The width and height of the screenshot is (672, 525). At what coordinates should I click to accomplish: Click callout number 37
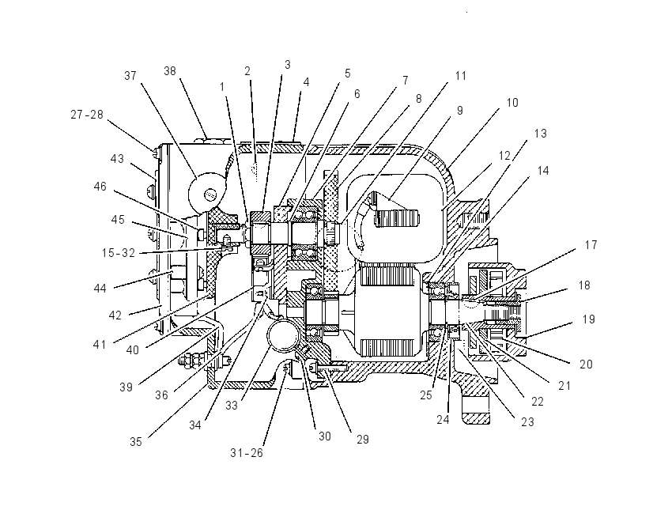point(130,76)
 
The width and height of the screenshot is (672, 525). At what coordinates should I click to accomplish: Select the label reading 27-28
point(87,115)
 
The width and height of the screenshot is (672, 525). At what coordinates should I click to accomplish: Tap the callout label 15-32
point(119,253)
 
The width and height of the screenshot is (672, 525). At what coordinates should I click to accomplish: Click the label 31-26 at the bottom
point(247,452)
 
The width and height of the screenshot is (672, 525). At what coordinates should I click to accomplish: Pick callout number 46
point(100,187)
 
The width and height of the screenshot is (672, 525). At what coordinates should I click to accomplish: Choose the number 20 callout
point(586,364)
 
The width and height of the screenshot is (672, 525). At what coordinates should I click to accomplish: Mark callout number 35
point(136,441)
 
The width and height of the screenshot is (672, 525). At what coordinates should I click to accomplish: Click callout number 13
point(541,134)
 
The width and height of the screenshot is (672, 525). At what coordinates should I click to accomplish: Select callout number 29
point(363,440)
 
